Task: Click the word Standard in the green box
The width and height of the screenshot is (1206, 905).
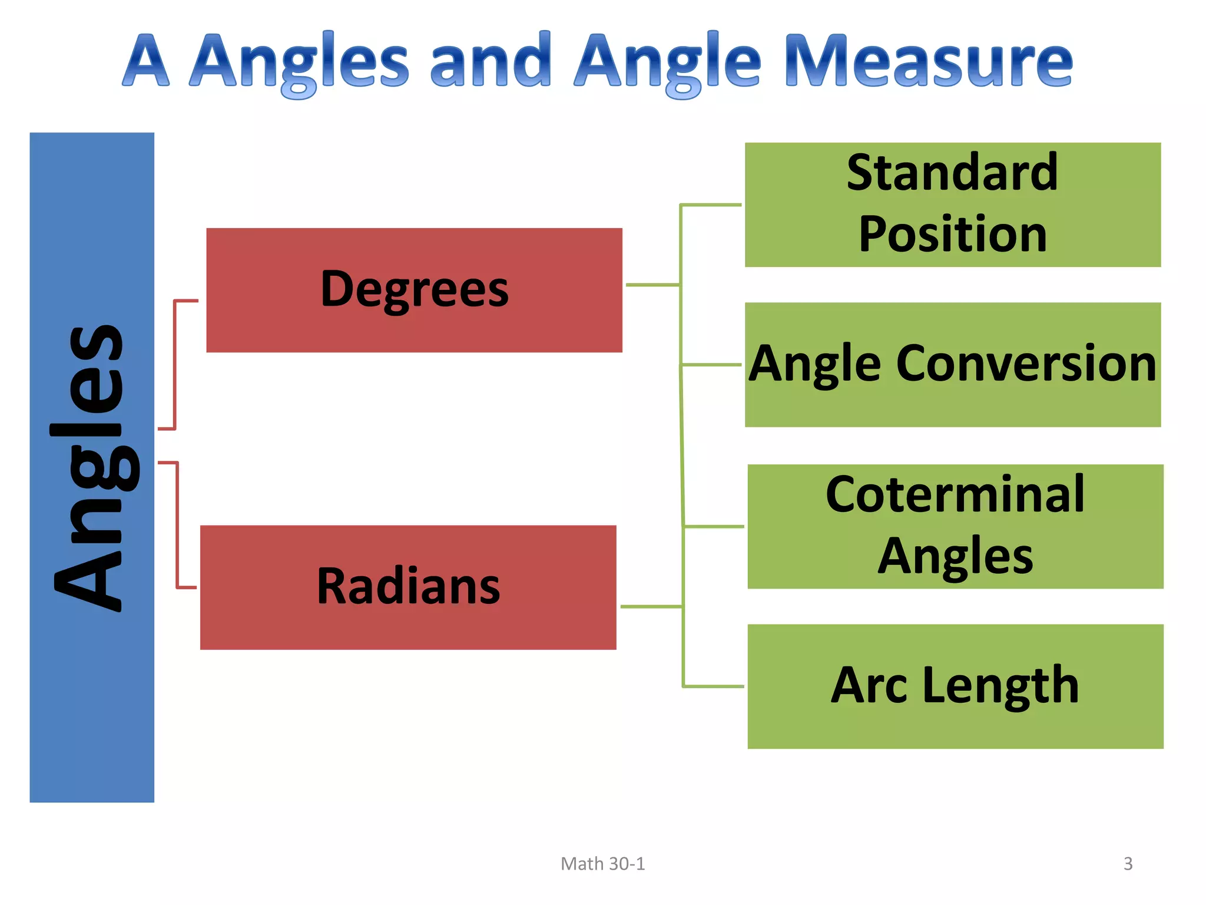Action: coord(952,173)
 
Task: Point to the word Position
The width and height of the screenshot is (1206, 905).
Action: coord(952,234)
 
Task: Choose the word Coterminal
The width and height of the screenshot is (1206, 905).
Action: coord(955,494)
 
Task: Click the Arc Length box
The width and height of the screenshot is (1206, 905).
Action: coord(955,686)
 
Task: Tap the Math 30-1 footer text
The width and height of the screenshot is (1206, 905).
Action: coord(602,864)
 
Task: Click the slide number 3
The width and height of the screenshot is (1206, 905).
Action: coord(1128,864)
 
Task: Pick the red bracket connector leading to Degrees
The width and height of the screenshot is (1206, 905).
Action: coord(175,365)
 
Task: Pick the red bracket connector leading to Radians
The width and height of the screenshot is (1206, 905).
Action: coord(177,524)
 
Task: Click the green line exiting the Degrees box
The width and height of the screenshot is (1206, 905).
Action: coord(652,285)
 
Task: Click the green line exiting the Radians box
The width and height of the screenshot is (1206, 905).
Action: coord(651,606)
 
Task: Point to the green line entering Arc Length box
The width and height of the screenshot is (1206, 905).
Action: coord(713,686)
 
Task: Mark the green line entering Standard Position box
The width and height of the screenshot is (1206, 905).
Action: coord(711,205)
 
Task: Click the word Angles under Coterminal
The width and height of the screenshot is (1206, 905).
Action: coord(955,556)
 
